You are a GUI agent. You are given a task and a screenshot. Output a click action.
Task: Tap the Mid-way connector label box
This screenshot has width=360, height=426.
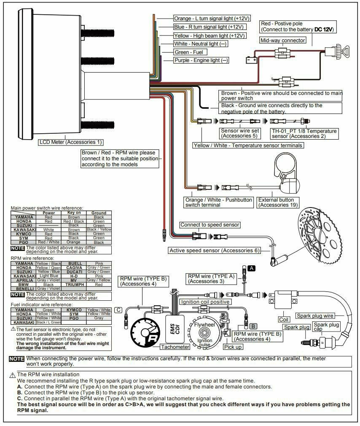coord(282,40)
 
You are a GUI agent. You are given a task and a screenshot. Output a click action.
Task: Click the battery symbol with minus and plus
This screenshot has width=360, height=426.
coord(252,60)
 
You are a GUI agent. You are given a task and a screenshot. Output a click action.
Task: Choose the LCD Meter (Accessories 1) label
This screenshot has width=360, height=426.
coord(71,142)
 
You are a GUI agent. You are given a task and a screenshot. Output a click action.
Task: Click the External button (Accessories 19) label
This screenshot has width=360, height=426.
coord(278,202)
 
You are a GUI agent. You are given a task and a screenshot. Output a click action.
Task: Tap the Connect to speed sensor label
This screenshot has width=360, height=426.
coord(210,225)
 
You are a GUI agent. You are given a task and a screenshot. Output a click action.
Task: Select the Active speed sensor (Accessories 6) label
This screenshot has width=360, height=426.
coord(214,250)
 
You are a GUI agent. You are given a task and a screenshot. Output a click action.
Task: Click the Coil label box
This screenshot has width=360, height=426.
coord(284,320)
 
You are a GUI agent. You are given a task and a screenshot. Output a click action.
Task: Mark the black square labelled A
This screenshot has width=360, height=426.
coord(251,268)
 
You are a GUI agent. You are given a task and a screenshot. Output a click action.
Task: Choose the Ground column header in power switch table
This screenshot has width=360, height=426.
coord(98,213)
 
